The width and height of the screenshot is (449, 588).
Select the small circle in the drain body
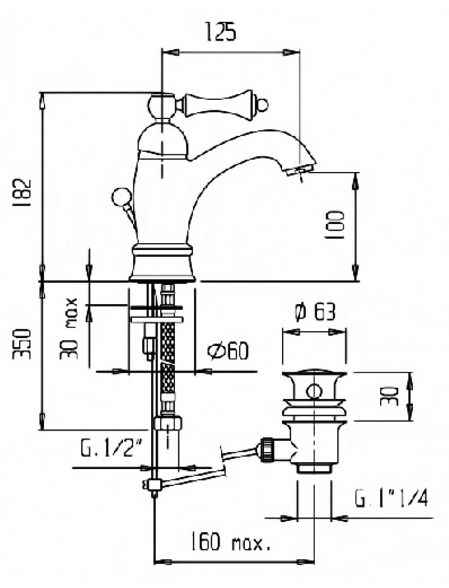(314, 392)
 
